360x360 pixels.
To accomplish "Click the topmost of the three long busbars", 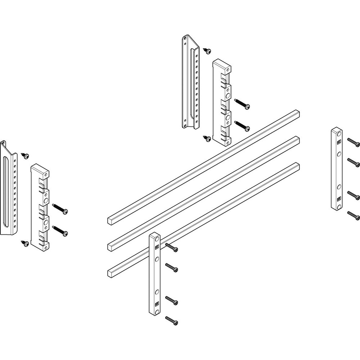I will [x=204, y=166].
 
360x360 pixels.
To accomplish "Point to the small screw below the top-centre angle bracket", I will [x=207, y=138].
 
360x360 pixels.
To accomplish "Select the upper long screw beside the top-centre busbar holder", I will [x=242, y=104].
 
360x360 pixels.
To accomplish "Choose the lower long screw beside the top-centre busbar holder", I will [x=242, y=125].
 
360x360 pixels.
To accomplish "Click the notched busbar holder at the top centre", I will [x=222, y=103].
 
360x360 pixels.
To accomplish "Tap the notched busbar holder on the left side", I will [x=40, y=207].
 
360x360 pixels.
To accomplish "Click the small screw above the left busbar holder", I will [x=25, y=156].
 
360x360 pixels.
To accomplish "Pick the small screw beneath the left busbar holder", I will [x=25, y=244].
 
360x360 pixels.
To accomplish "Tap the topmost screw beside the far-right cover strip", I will [x=354, y=142].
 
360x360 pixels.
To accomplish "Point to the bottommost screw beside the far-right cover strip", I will [x=354, y=216].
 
